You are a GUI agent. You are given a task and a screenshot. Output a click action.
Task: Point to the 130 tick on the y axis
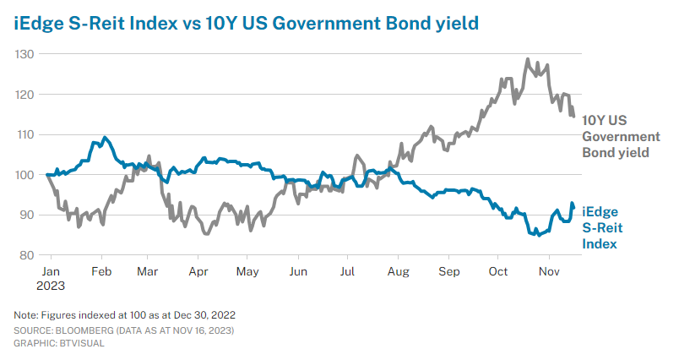click(x=25, y=54)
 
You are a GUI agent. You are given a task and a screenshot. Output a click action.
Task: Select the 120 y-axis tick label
click(x=25, y=95)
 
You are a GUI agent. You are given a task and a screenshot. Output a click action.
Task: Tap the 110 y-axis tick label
click(x=25, y=134)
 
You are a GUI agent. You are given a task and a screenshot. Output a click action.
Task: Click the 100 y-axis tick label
click(x=25, y=175)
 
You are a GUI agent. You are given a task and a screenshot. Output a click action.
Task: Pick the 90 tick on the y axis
click(x=27, y=215)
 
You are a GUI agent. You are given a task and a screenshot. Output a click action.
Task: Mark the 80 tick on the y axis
click(x=27, y=255)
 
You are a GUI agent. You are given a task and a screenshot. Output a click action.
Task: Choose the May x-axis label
click(x=247, y=273)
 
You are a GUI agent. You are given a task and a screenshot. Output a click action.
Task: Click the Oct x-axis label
click(x=498, y=273)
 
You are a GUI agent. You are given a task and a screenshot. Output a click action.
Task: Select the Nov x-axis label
click(x=550, y=273)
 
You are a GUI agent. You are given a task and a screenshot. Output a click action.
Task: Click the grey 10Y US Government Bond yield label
click(x=620, y=136)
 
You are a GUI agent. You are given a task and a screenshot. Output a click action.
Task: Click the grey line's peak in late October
click(x=528, y=60)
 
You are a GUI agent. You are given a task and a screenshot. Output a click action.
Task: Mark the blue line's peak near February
click(x=105, y=137)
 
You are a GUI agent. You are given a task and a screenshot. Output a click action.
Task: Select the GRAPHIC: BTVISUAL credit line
click(x=57, y=344)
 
